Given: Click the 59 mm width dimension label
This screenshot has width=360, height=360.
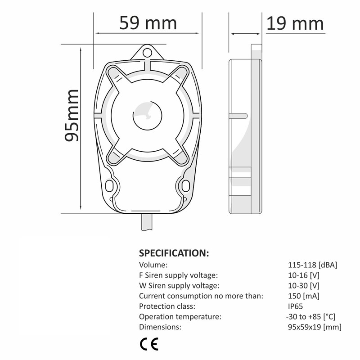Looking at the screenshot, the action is click(x=148, y=23).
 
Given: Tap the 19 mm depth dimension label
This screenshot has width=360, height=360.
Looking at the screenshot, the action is click(x=295, y=23).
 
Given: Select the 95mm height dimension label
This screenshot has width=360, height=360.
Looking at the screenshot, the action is click(x=72, y=115).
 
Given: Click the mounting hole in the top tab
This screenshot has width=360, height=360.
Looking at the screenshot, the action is click(x=147, y=53).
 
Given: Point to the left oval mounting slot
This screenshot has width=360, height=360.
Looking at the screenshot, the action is click(x=109, y=186).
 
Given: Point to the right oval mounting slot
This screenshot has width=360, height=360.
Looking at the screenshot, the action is click(x=185, y=186).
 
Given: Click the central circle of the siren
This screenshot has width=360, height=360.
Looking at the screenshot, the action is click(x=148, y=116).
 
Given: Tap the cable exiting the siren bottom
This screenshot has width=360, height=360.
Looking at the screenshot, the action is click(x=147, y=222).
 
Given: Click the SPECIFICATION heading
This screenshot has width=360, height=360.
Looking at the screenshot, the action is click(x=174, y=253).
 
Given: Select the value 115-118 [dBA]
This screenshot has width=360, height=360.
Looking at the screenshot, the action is click(x=312, y=265).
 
